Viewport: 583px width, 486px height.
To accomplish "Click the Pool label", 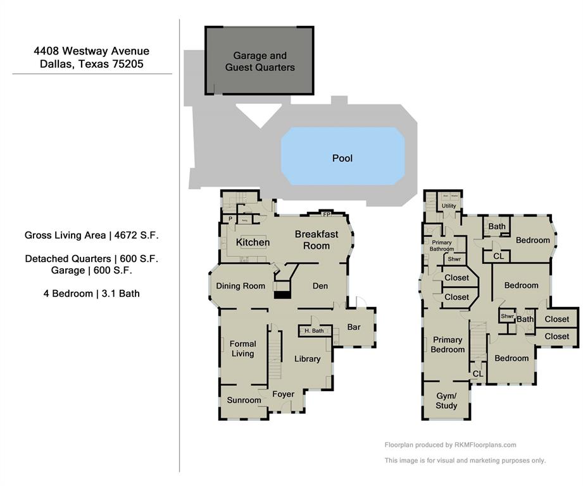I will coord(342,158).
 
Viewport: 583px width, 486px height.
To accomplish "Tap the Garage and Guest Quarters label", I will coord(260,61).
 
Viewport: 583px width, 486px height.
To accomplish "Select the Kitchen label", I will coord(253,242).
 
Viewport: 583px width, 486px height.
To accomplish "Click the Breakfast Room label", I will coord(317,240).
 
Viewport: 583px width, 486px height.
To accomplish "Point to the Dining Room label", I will coord(241,286).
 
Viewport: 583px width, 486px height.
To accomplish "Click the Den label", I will coord(320,286).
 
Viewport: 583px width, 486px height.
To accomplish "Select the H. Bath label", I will coord(314,331).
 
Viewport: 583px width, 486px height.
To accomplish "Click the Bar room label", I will coord(354,327).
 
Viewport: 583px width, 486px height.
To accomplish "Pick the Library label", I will coord(308,359).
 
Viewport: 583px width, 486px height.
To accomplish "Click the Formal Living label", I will coord(242,349).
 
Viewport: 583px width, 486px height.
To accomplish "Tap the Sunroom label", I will coord(244,400).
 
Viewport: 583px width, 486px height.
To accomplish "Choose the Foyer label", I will coord(283,394).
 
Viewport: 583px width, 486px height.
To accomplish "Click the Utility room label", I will coord(449,206).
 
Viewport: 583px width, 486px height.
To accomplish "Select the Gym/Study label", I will coord(446,401).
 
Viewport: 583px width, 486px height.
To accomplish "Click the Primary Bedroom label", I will coord(448,345).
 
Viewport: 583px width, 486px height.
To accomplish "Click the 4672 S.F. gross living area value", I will coord(136,235).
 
